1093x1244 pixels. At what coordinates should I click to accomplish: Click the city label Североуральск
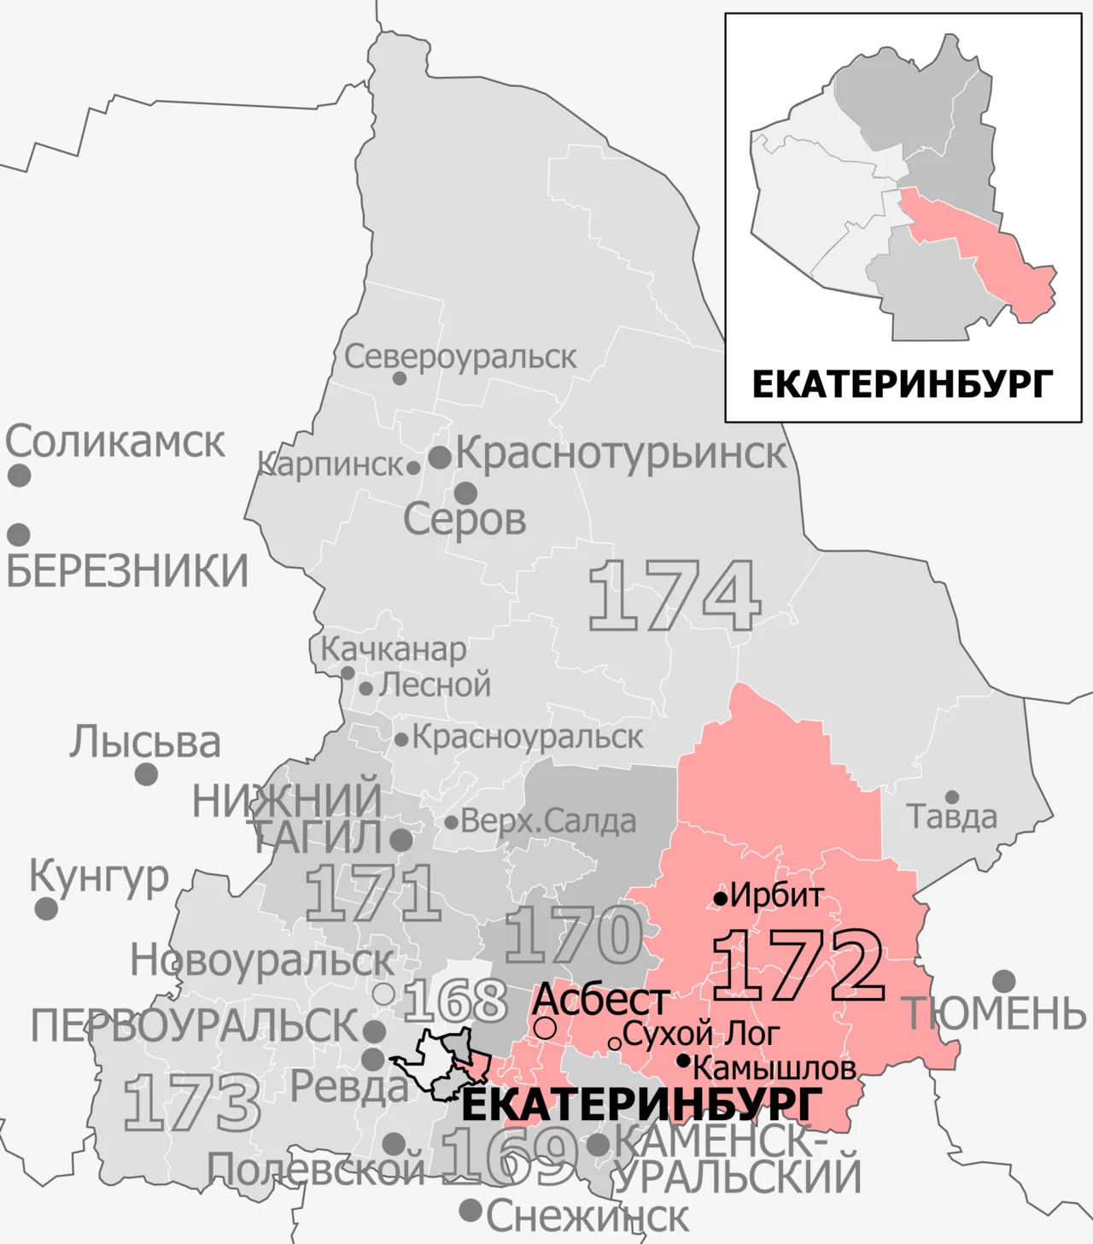coord(460,357)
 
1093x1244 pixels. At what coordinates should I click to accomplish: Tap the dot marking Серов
coord(465,493)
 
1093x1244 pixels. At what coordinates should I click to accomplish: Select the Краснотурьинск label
coord(621,453)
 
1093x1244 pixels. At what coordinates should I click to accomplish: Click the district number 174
coord(674,595)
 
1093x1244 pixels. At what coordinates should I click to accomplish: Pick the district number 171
coord(373,892)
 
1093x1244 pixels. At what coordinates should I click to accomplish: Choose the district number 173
coord(192,1103)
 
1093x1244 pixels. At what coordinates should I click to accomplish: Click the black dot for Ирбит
coord(721,898)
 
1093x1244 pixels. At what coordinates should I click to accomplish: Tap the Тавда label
coord(951,817)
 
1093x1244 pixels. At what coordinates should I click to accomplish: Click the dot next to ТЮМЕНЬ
coord(1004,980)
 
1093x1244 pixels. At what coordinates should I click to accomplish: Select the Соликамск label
coord(115,441)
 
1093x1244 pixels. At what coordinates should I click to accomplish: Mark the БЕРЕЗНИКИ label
coord(127,570)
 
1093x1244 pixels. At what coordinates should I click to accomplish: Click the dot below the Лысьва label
coord(146,774)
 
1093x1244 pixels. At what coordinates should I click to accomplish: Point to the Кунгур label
coord(99,876)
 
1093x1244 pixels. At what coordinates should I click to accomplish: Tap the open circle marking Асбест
coord(546,1028)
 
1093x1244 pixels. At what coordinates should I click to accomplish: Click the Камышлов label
coord(774,1068)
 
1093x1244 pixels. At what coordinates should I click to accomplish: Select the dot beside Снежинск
coord(471,1210)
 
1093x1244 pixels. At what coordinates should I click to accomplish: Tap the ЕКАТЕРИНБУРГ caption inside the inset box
coord(902,385)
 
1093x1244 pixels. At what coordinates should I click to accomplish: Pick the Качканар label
coord(394,650)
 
